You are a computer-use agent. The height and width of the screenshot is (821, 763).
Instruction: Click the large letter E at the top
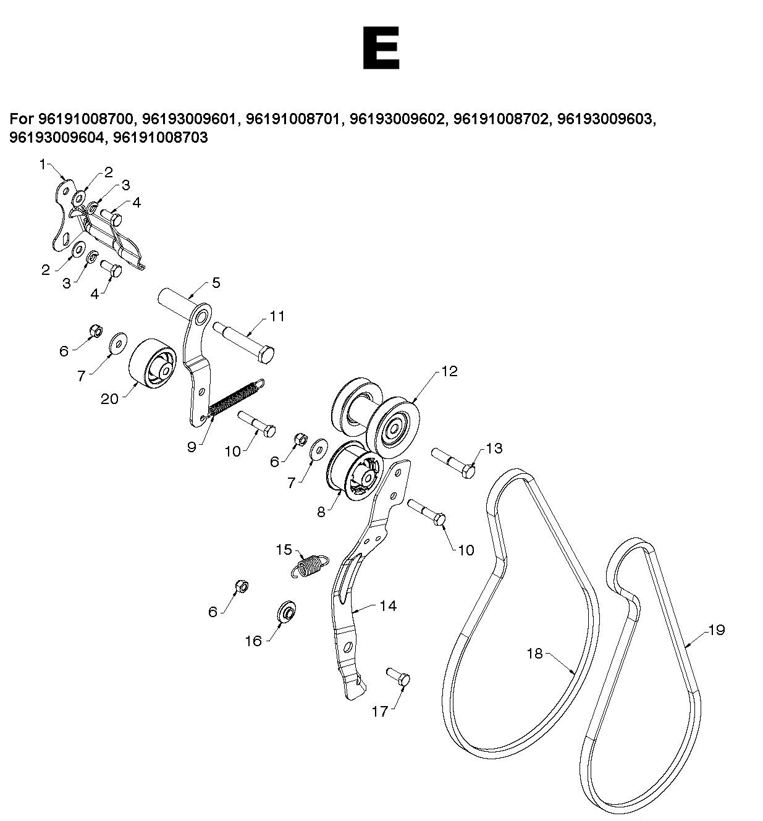381,48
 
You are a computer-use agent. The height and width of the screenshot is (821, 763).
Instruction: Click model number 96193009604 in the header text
56,137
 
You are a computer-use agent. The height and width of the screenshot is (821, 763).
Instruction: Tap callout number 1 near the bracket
42,164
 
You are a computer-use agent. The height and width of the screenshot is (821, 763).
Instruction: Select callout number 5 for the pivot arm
216,283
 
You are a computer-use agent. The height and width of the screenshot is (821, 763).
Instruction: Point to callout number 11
277,316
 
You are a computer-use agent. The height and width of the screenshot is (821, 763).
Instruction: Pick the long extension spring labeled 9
234,399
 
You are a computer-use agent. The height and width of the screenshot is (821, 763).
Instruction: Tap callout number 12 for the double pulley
449,371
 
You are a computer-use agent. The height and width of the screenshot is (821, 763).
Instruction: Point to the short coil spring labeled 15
310,565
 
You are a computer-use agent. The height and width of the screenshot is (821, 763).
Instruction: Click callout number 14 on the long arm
388,607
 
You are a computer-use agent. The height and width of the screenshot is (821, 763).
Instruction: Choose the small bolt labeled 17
398,678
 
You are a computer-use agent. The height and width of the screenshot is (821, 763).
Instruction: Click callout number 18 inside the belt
534,654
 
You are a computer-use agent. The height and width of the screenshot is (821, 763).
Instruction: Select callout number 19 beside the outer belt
717,631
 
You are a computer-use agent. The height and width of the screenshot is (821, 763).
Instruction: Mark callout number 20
109,399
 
